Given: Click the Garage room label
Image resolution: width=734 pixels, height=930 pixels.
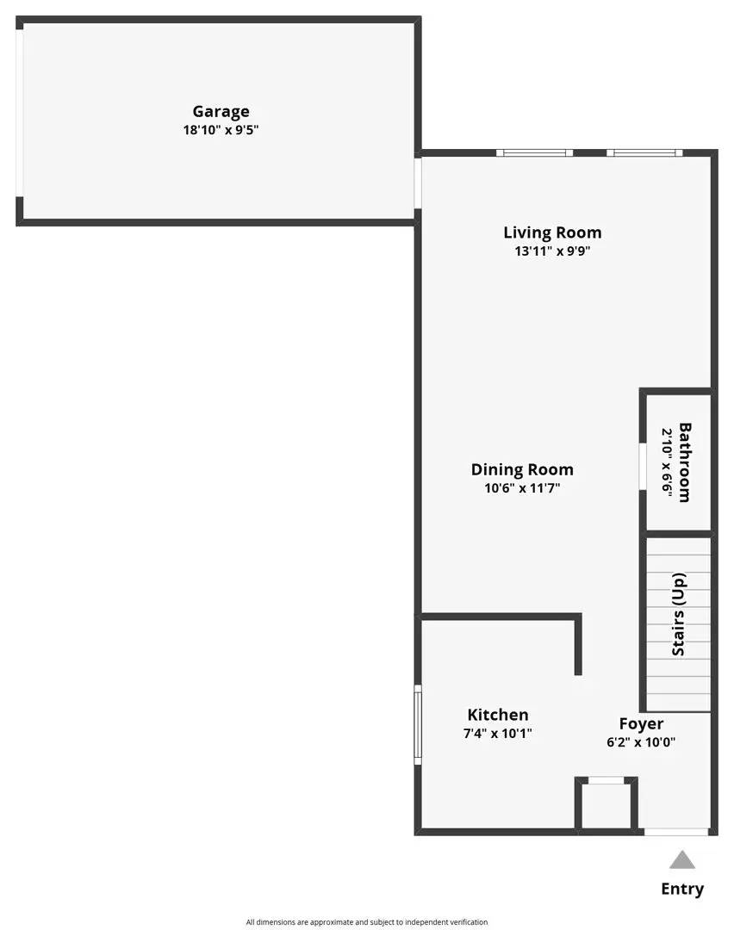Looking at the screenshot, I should pos(221,111).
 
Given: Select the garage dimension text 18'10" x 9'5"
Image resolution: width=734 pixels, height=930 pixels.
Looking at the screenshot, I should pos(221,130).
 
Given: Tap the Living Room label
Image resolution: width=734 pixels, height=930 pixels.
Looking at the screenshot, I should pos(552,232).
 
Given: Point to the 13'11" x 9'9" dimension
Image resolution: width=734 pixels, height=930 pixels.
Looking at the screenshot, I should pos(552,251).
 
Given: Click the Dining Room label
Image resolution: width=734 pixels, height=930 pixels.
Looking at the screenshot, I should pos(522,469).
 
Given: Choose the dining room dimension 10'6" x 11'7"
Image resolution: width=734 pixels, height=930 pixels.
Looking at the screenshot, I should pos(522,488).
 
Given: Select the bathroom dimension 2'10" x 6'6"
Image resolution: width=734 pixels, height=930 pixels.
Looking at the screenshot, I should pos(666,462).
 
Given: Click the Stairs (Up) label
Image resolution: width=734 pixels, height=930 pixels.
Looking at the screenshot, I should pos(679,614).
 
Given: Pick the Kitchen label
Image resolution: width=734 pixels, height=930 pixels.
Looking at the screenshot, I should pos(498,715).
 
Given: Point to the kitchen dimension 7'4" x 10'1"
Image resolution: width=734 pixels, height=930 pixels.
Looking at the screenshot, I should pos(498,734).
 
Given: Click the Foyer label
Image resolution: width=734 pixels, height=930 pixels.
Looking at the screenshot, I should pos(641,723).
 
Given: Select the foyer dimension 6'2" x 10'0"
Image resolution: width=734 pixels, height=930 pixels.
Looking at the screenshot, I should pos(641,742).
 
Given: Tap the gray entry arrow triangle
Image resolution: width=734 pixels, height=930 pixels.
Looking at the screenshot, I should pos(682,860).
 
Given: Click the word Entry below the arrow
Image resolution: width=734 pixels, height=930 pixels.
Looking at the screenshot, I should pos(682,889).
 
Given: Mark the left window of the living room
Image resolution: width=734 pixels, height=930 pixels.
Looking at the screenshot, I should pos(534,153).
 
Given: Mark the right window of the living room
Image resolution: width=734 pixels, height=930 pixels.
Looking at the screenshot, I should pos(644,153).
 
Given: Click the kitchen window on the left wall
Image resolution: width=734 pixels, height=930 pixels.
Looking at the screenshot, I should pos(418,724).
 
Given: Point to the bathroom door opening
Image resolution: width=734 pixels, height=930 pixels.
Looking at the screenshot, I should pos(643,466).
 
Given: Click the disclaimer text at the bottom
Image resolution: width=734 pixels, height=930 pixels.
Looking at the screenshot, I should pos(367,921).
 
